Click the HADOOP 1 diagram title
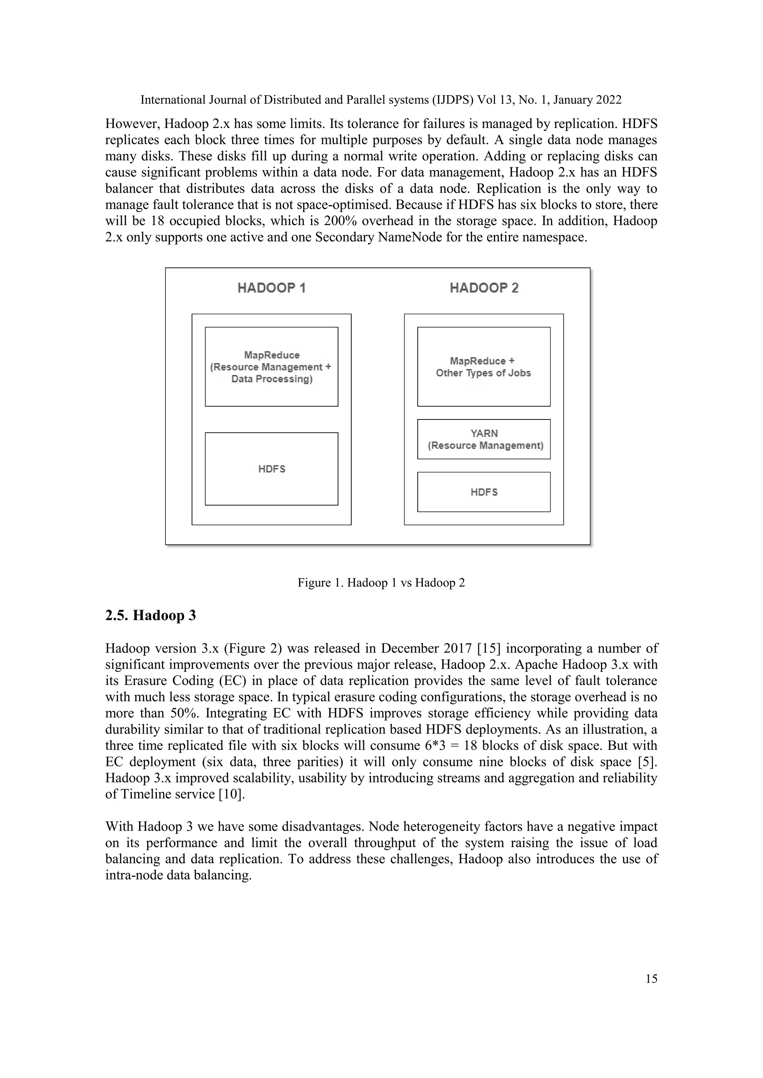pyautogui.click(x=272, y=288)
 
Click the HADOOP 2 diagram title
pyautogui.click(x=484, y=288)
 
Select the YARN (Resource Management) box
pyautogui.click(x=484, y=439)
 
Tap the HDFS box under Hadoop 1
pyautogui.click(x=272, y=469)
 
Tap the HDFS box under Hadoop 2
pyautogui.click(x=484, y=492)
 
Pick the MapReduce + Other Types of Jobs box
pyautogui.click(x=484, y=367)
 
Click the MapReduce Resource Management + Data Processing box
pyautogui.click(x=272, y=367)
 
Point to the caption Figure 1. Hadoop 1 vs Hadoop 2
pyautogui.click(x=381, y=583)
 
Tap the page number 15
pyautogui.click(x=651, y=979)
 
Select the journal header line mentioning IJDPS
pyautogui.click(x=381, y=100)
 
